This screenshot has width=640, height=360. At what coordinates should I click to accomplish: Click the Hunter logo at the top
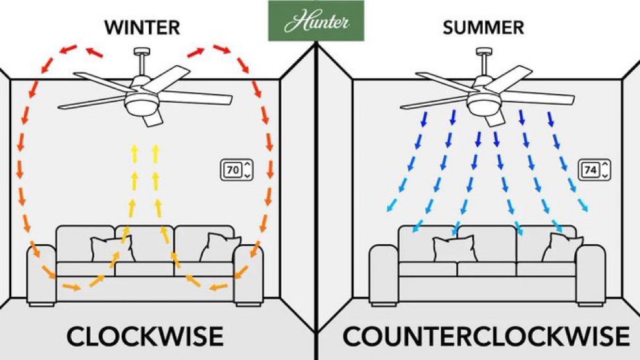click(x=317, y=22)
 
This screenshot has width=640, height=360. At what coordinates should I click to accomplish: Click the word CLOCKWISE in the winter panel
click(x=146, y=336)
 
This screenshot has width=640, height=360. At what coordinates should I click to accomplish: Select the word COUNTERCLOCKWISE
click(x=485, y=336)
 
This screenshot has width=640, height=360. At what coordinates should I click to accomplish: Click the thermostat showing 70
click(x=236, y=170)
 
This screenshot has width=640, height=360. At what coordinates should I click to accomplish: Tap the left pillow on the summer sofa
click(x=452, y=249)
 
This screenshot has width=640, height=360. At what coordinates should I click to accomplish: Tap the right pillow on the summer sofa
click(x=562, y=249)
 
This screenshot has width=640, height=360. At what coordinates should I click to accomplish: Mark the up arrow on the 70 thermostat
click(x=246, y=165)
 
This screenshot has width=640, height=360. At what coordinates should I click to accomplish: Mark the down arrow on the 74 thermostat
click(x=605, y=175)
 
